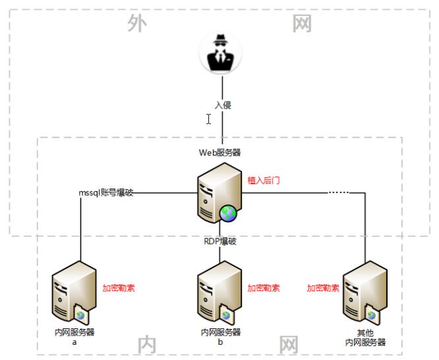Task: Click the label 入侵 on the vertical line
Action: [x=223, y=105]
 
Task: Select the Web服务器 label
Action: [x=220, y=152]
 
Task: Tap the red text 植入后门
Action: [x=263, y=179]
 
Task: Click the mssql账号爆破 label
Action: [x=107, y=193]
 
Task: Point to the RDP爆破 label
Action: [x=220, y=241]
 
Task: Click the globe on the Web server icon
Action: [x=229, y=213]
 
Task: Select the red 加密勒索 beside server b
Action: [x=264, y=288]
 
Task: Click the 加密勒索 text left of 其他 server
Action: [x=323, y=288]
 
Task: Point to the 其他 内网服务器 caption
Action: [x=365, y=338]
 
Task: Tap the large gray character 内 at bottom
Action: [x=147, y=344]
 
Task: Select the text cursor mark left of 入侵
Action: [x=208, y=119]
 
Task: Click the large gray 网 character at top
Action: [x=303, y=24]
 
